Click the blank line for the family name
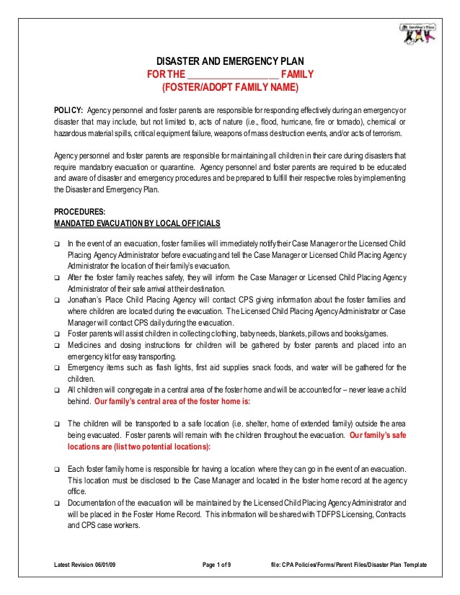coord(232,75)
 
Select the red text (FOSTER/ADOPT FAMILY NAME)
coord(229,87)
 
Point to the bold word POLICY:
coord(69,109)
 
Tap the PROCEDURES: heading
coord(80,212)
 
